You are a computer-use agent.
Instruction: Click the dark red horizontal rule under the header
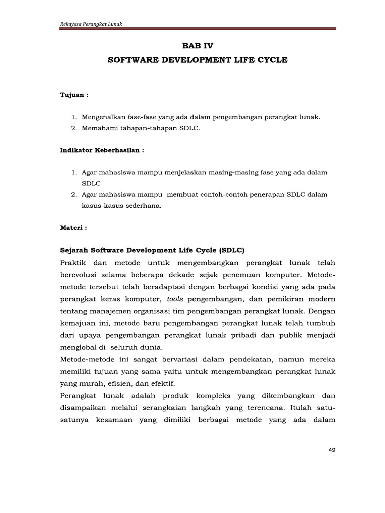198,30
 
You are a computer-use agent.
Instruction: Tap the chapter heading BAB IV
198,46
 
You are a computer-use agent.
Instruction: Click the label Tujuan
72,94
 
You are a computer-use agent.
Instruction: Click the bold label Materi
73,227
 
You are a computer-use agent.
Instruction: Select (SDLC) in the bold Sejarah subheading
228,250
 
